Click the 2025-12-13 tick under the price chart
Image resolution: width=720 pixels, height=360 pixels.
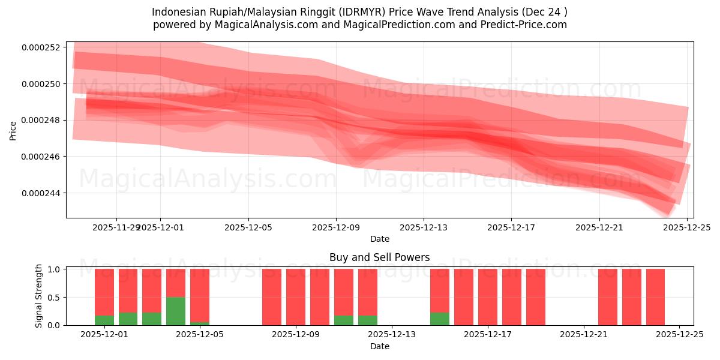[x=424, y=227]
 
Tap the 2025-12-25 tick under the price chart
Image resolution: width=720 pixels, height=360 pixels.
[x=686, y=227]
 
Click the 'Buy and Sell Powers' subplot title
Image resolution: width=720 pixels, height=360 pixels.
[x=379, y=257]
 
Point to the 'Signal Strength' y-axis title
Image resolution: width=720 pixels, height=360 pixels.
[x=39, y=296]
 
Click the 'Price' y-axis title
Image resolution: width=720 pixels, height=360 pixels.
[x=13, y=130]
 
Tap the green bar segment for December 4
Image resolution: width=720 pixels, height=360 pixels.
[x=176, y=311]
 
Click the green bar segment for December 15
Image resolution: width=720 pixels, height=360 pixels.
[x=440, y=319]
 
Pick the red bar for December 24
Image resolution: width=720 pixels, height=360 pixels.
[x=655, y=297]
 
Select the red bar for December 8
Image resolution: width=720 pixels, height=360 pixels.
[x=272, y=297]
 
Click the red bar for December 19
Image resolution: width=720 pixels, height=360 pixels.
[x=536, y=297]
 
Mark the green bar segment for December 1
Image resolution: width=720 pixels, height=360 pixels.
[x=104, y=320]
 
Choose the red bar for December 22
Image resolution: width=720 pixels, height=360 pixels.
[x=608, y=297]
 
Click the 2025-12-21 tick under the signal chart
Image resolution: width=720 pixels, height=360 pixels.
[x=584, y=335]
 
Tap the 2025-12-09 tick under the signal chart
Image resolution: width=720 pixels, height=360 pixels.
[x=296, y=335]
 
